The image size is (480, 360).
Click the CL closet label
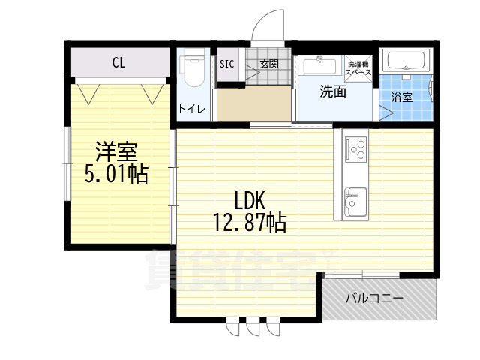(x=118, y=62)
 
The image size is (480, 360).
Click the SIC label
(x=226, y=64)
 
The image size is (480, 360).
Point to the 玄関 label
(x=269, y=64)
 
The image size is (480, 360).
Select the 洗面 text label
(x=333, y=92)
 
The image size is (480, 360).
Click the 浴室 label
(x=403, y=97)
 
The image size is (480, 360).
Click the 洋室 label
(x=115, y=151)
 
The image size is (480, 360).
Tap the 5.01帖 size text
(x=115, y=174)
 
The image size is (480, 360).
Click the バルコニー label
(x=374, y=298)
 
